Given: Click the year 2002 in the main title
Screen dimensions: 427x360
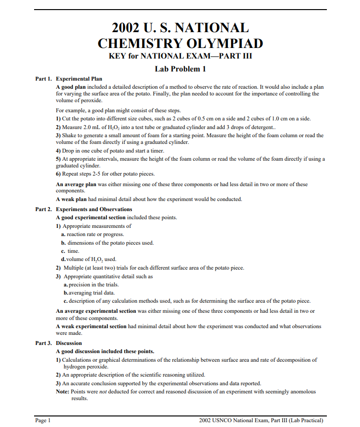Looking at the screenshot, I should click(126, 27).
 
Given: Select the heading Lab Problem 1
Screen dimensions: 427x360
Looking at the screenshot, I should click(180, 69).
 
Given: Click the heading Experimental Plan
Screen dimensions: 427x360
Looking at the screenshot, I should click(79, 79).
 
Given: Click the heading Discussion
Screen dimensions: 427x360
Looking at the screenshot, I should click(69, 343).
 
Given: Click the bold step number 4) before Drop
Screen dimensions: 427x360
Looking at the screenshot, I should click(59, 151).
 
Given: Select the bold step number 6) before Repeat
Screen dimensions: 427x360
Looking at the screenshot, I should click(59, 174).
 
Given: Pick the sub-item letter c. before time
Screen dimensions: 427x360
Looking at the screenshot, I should click(63, 251).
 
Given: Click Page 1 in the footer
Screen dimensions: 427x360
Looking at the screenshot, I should click(43, 420).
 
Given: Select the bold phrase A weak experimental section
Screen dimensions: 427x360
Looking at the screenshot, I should click(91, 326).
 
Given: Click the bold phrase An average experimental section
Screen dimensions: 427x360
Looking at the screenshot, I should click(96, 311).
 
